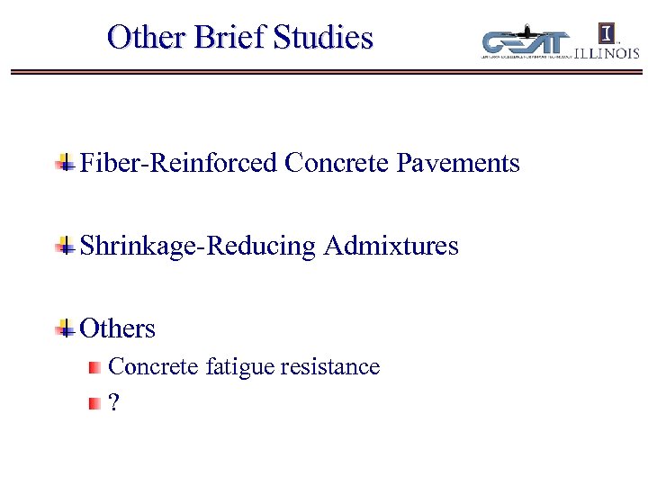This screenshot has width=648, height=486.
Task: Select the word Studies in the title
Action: tap(322, 38)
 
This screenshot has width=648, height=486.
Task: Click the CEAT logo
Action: tap(526, 44)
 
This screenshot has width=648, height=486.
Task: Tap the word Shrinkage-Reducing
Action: tap(198, 246)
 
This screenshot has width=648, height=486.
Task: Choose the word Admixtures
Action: tap(391, 246)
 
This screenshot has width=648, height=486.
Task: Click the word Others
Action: tap(118, 328)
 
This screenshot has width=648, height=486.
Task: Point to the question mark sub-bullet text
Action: tap(112, 403)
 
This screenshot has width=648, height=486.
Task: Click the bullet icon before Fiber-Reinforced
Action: tap(64, 164)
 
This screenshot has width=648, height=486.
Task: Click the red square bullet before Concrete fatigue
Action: tap(94, 368)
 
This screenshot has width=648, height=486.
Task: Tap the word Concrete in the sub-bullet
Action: tap(154, 367)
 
